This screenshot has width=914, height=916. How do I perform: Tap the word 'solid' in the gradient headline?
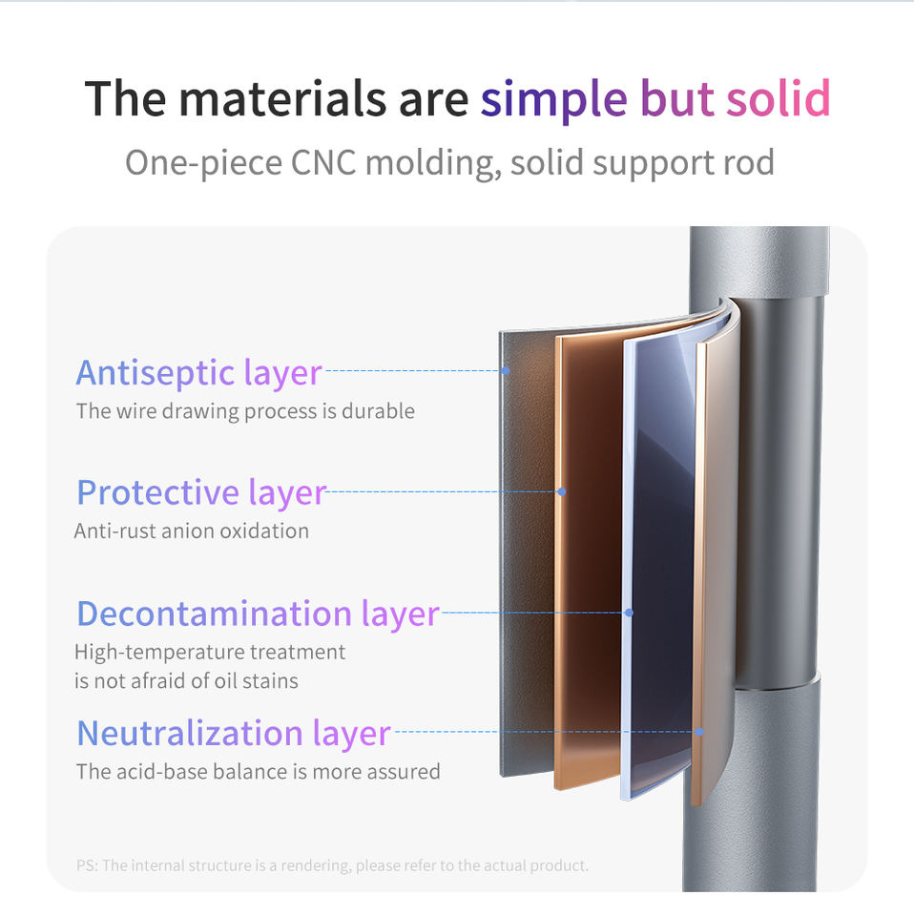point(778,97)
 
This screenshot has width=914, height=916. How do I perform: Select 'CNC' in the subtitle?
point(323,162)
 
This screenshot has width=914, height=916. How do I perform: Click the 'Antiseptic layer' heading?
point(198,373)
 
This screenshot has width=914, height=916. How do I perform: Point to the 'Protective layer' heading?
point(201,492)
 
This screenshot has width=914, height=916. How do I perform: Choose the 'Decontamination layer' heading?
point(259,614)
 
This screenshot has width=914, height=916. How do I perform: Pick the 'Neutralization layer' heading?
point(234,734)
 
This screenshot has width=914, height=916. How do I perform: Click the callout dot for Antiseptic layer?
point(506,370)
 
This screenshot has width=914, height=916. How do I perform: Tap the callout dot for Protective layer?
point(561,492)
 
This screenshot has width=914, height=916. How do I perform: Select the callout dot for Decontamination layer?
point(629,613)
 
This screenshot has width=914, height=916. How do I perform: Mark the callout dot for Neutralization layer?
point(699,732)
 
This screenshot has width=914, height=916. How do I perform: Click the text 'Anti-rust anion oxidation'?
point(192,531)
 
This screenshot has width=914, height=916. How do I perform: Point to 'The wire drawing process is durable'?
point(245,411)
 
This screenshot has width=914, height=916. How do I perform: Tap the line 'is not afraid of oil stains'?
point(186,681)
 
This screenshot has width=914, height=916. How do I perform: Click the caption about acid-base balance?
point(259,772)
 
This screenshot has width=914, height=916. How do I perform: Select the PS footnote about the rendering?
point(332,865)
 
